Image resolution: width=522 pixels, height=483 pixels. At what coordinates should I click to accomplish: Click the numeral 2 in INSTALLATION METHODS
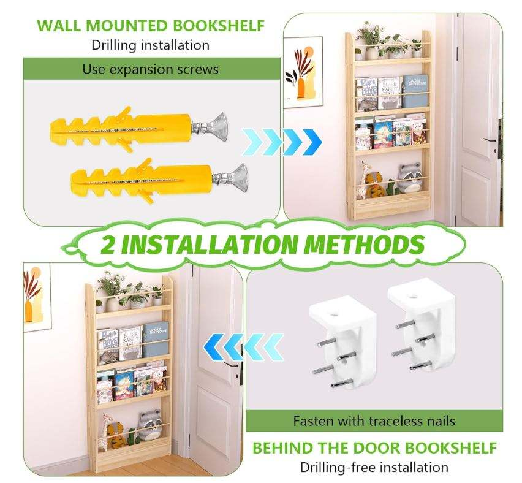click(x=108, y=244)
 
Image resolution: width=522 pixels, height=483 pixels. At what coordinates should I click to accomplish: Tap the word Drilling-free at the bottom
click(x=337, y=467)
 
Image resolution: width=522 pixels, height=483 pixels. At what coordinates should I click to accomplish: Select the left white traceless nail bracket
click(x=343, y=343)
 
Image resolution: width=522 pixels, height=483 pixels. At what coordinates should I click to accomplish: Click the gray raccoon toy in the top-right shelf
click(x=409, y=176)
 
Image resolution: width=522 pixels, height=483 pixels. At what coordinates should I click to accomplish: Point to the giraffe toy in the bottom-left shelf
click(x=106, y=432)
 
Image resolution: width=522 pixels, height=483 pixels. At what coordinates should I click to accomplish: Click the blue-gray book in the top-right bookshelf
click(x=415, y=91)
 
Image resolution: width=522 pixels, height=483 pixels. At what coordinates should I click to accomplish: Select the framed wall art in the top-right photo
click(x=303, y=72)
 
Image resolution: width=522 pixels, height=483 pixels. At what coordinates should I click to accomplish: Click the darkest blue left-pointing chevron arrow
click(x=213, y=348)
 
